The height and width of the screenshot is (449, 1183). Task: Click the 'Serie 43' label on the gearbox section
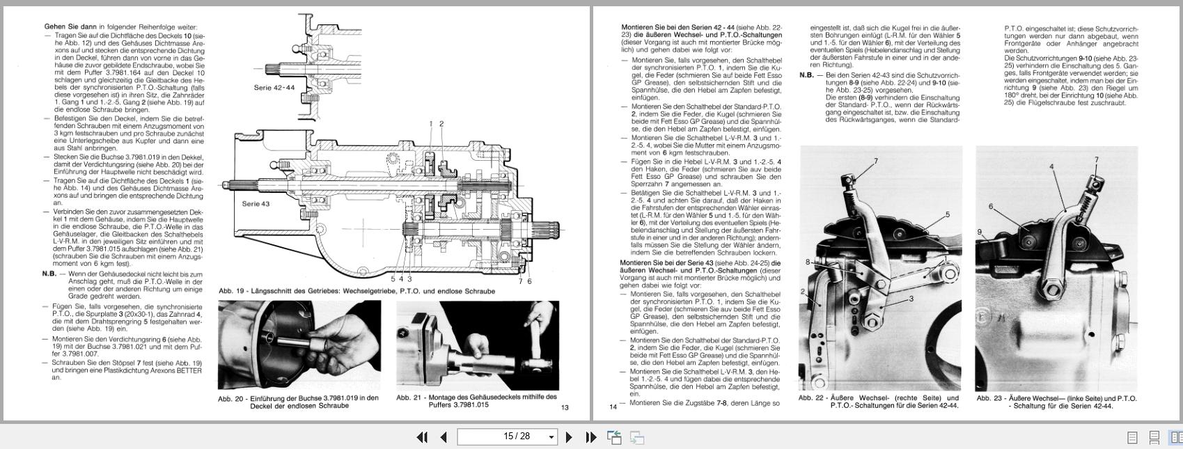[x=256, y=204]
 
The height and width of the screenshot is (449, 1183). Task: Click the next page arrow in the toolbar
[x=569, y=437]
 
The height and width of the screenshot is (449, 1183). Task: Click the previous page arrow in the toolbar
[x=444, y=437]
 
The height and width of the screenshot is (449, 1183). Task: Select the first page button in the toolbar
[x=422, y=437]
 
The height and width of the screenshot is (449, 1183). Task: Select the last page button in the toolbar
[x=591, y=437]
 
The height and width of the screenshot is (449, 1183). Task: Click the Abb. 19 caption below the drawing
[x=357, y=291]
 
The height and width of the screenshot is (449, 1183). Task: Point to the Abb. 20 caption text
[x=298, y=402]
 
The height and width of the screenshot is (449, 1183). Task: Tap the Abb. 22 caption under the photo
[x=879, y=402]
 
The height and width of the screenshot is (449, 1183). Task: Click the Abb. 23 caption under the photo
[x=1056, y=402]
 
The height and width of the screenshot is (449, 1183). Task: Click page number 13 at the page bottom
[x=565, y=407]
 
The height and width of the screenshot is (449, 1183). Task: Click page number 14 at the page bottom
[x=613, y=407]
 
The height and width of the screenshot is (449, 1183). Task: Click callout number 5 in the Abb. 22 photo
[x=947, y=215]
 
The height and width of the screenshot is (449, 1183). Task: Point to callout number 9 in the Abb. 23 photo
[x=979, y=233]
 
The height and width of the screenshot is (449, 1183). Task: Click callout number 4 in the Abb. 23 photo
[x=1051, y=167]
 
